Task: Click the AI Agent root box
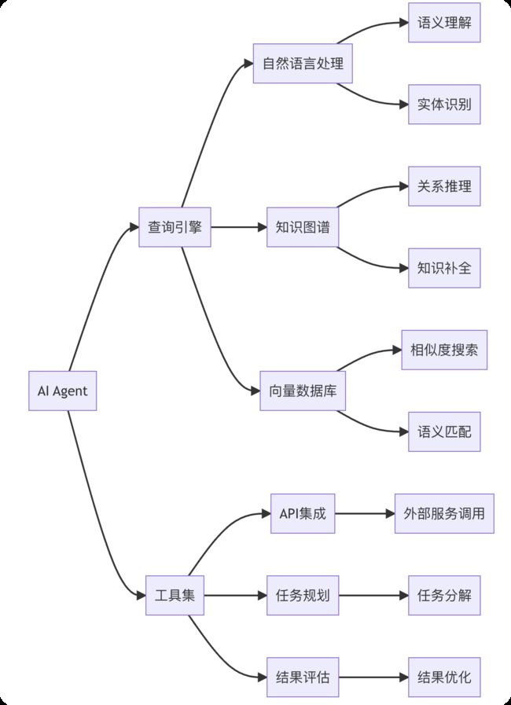63,391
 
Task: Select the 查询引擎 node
175,227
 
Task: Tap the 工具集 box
175,595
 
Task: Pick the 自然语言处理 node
303,64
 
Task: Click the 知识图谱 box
303,227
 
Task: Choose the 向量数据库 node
303,391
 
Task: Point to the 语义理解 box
444,23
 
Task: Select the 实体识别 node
444,105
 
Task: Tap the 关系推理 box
444,186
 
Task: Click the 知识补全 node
444,268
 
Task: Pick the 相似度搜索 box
444,350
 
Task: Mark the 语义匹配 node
444,431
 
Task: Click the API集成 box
303,513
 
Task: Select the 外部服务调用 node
444,513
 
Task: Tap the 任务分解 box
444,595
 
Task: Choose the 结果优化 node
444,677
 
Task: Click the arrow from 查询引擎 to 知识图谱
239,227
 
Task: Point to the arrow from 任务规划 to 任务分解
373,595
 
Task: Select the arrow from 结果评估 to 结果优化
373,677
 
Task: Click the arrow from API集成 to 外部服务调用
365,513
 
